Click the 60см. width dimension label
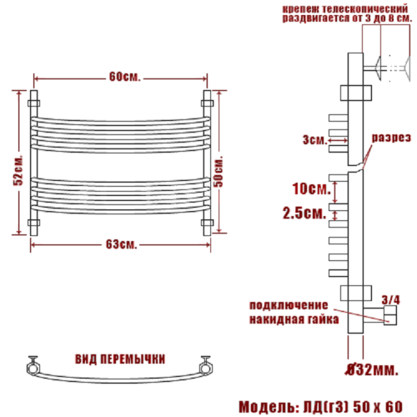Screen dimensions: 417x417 tap(125, 77)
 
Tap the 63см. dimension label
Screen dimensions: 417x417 tap(122, 244)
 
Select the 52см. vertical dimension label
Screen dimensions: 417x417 tap(18, 170)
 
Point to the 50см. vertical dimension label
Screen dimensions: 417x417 tap(219, 171)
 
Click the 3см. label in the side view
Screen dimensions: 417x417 tap(315, 139)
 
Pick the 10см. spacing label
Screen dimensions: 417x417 tap(312, 188)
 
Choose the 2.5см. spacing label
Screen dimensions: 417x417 tap(304, 214)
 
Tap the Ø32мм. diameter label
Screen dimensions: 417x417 tap(372, 369)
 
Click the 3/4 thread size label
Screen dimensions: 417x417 tap(390, 300)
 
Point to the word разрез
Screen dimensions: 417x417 tap(391, 138)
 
